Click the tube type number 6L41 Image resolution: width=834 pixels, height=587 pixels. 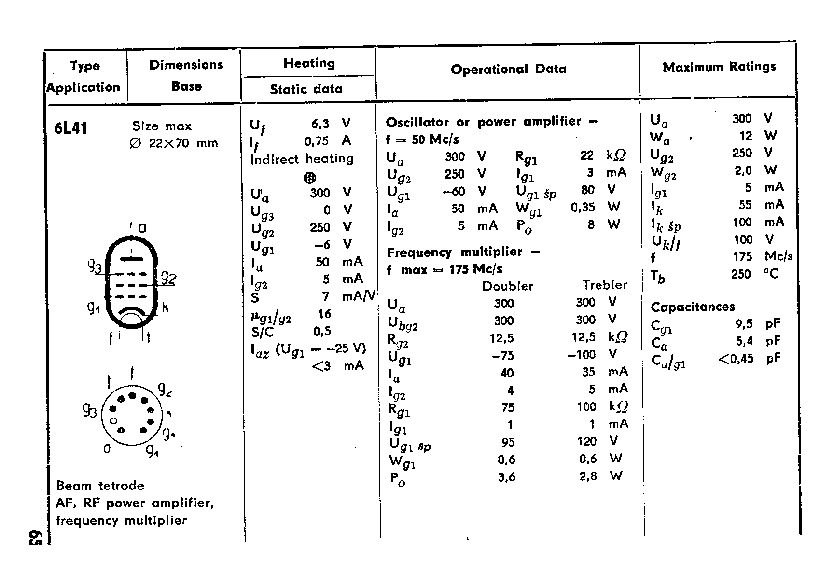point(70,128)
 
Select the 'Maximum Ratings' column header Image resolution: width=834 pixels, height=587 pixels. point(719,67)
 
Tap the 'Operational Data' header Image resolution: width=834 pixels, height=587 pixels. point(508,69)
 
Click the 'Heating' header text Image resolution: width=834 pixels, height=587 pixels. point(309,63)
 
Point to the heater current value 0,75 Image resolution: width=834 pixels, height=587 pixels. point(316,141)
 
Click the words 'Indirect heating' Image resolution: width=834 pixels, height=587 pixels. point(302,159)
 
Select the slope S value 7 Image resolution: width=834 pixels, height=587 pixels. point(325,296)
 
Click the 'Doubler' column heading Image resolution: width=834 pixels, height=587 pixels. point(508,286)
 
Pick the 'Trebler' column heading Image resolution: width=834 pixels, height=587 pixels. point(605,285)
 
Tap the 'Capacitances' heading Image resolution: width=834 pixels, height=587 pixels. point(693,307)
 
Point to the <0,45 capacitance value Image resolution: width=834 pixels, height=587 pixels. point(736,359)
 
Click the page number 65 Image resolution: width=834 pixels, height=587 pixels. point(37,536)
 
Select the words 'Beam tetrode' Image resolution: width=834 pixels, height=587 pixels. point(100,486)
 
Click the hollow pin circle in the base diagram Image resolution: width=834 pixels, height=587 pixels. point(114,420)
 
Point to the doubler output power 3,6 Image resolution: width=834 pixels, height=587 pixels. point(506,477)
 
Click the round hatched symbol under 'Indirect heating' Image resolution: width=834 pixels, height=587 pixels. point(309,178)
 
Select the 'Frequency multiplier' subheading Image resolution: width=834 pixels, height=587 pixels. point(455,252)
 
